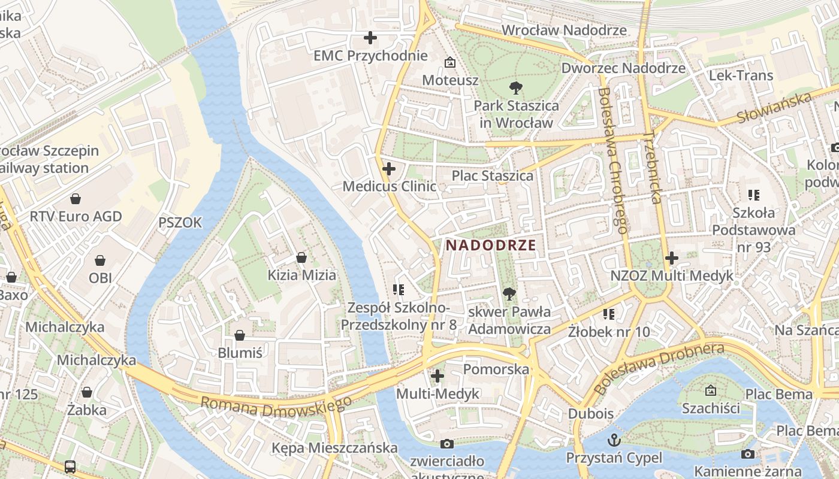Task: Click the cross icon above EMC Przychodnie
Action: pyautogui.click(x=370, y=38)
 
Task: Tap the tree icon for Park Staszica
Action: pyautogui.click(x=515, y=88)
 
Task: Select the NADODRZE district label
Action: pyautogui.click(x=491, y=245)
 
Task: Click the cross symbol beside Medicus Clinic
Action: pyautogui.click(x=389, y=169)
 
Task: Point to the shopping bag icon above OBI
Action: pyautogui.click(x=100, y=260)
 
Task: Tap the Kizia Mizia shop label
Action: pyautogui.click(x=301, y=275)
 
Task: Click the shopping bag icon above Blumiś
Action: pyautogui.click(x=240, y=335)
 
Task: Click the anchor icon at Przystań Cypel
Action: pyautogui.click(x=614, y=440)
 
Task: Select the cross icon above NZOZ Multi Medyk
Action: pyautogui.click(x=672, y=258)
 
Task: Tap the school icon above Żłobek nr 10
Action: pyautogui.click(x=609, y=314)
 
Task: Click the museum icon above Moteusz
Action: pyautogui.click(x=449, y=62)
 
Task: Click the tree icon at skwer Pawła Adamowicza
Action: pyautogui.click(x=509, y=293)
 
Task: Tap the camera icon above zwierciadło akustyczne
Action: pyautogui.click(x=446, y=444)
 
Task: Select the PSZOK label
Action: pyautogui.click(x=180, y=223)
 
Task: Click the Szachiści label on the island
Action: pyautogui.click(x=711, y=408)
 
